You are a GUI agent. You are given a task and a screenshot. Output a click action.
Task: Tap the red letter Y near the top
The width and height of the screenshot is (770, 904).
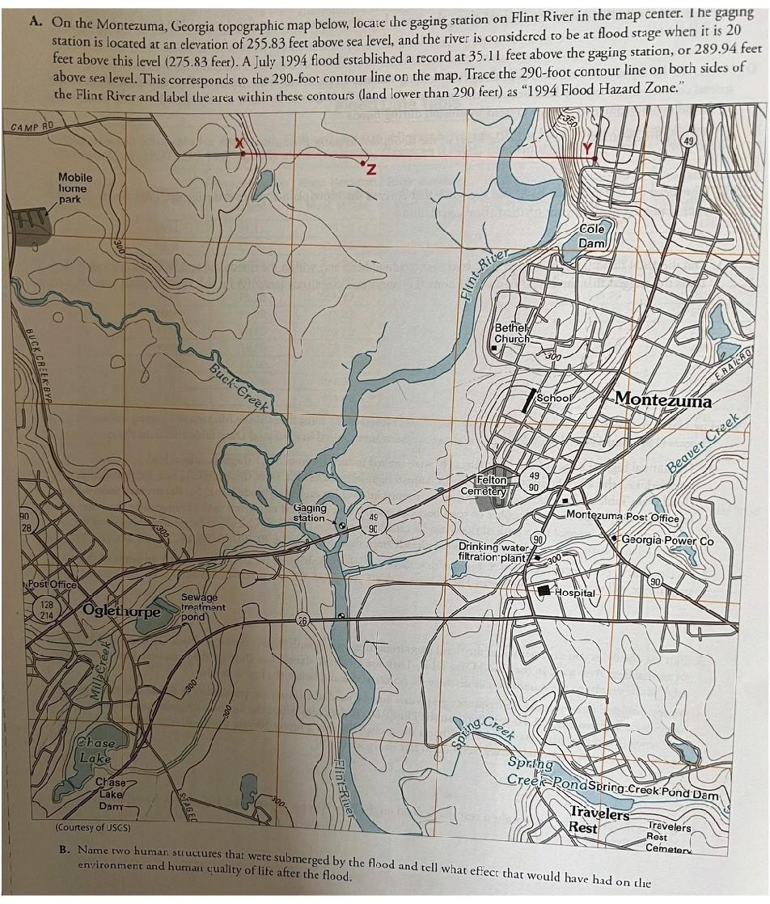pyautogui.click(x=588, y=148)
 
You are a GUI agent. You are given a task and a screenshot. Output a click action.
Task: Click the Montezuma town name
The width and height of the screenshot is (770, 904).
pyautogui.click(x=663, y=399)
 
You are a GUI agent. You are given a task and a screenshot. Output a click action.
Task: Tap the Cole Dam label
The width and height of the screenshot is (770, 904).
pyautogui.click(x=592, y=236)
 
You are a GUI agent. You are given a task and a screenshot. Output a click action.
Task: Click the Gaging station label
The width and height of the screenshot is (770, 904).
pyautogui.click(x=310, y=513)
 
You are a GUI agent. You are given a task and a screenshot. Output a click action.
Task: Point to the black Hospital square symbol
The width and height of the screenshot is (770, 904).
pyautogui.click(x=545, y=590)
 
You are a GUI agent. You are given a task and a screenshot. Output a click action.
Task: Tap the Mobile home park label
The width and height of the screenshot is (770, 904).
pyautogui.click(x=75, y=188)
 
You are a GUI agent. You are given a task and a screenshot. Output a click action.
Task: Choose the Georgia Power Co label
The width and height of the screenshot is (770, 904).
pyautogui.click(x=667, y=540)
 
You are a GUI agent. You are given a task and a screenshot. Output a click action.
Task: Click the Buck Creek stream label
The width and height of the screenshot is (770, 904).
pyautogui.click(x=239, y=387)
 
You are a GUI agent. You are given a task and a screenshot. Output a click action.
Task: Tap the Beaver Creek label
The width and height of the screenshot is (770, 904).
pyautogui.click(x=703, y=444)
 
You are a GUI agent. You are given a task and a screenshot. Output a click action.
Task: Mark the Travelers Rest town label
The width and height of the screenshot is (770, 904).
pyautogui.click(x=599, y=820)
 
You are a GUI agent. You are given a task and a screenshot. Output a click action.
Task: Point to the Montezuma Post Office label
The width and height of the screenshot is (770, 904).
pyautogui.click(x=623, y=515)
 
